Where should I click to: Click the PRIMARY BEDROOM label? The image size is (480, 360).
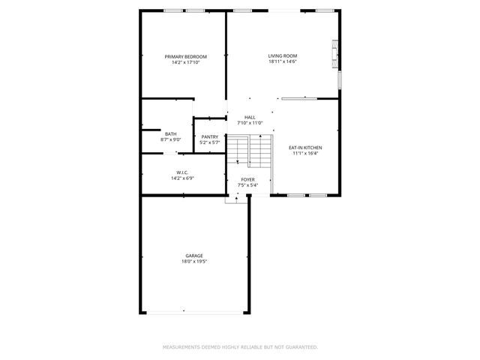point(186,57)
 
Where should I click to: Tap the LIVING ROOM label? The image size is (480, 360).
point(283,56)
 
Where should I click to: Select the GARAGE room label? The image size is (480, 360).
point(194,256)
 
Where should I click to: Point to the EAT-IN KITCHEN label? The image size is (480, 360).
point(305,148)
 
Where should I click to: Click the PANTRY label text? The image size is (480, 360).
point(210,136)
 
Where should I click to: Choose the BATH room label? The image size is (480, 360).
point(171,134)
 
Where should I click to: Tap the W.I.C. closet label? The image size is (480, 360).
point(182,172)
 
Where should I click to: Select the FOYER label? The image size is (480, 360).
point(247,179)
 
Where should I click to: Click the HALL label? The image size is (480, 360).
point(250,117)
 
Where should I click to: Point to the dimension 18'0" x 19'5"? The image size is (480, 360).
point(194,262)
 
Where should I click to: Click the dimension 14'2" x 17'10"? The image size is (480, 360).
point(186,63)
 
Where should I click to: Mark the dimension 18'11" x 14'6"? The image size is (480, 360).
point(283,62)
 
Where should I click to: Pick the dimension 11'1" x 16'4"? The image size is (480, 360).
point(305,154)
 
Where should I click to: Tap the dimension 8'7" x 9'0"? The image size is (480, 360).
point(171,140)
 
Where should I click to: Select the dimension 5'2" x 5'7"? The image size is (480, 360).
point(210,142)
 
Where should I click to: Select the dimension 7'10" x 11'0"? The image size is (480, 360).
point(250,123)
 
